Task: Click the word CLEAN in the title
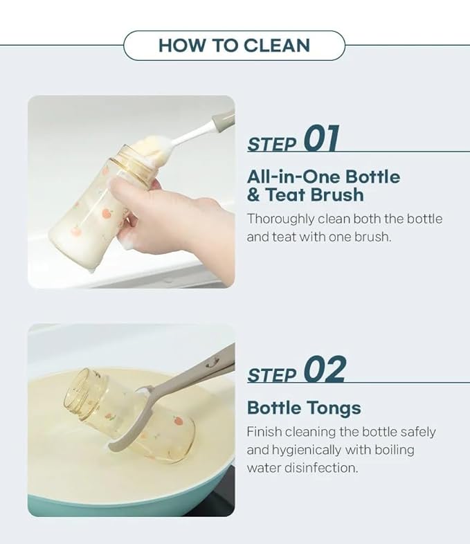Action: click(276, 46)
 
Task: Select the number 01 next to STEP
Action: click(322, 138)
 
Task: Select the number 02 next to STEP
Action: click(325, 368)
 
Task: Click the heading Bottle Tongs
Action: click(304, 408)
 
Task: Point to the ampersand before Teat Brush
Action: click(253, 194)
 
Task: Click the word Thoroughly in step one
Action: click(280, 219)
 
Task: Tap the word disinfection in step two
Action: click(321, 468)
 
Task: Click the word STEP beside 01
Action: click(272, 144)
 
